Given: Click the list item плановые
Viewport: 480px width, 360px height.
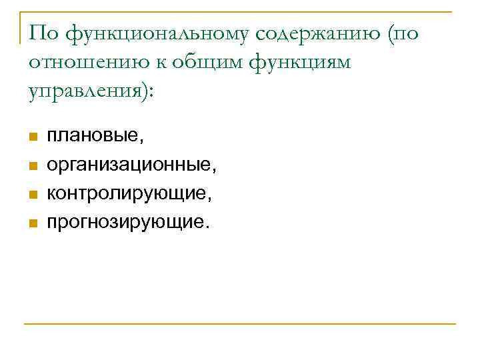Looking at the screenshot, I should tap(95, 137).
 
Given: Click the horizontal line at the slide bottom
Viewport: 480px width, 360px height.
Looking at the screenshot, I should tap(240, 324).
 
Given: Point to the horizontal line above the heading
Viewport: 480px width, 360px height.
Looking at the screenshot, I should tap(240, 11).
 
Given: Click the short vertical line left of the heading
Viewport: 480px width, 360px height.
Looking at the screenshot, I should tap(21, 27).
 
